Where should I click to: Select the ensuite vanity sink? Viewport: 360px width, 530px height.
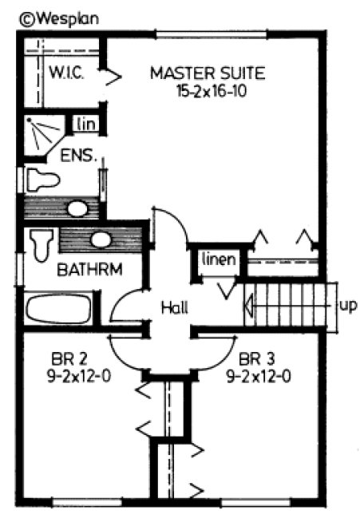[77, 209]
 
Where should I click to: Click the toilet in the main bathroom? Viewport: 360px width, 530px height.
[40, 243]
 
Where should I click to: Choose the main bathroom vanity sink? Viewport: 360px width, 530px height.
[101, 239]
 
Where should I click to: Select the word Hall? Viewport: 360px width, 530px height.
[173, 307]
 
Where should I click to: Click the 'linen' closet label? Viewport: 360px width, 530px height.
[219, 260]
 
